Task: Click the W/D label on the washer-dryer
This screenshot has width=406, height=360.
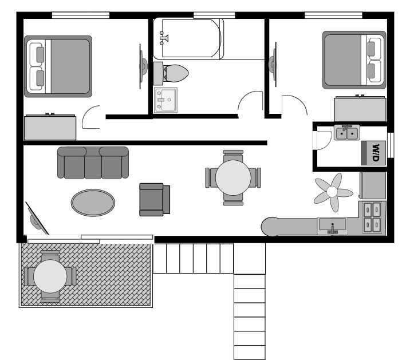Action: pyautogui.click(x=376, y=153)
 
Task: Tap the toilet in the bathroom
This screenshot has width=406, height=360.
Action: pyautogui.click(x=171, y=73)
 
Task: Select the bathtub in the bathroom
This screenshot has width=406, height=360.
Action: pyautogui.click(x=188, y=38)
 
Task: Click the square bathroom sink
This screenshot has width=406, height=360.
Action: pyautogui.click(x=165, y=100)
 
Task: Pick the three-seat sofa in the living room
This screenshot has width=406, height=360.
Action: pyautogui.click(x=93, y=163)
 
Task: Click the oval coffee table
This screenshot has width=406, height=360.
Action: pyautogui.click(x=93, y=203)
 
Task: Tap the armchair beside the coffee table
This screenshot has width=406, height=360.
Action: pyautogui.click(x=155, y=200)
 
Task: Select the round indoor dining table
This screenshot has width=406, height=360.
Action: pyautogui.click(x=233, y=177)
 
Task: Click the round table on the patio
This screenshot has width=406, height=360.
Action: pyautogui.click(x=50, y=276)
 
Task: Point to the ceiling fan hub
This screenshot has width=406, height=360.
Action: pyautogui.click(x=332, y=192)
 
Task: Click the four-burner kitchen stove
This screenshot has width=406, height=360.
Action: pyautogui.click(x=372, y=217)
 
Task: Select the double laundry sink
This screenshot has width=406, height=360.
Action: pyautogui.click(x=347, y=133)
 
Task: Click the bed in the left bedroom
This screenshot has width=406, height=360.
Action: pyautogui.click(x=58, y=66)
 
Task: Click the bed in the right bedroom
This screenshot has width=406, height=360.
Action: pyautogui.click(x=354, y=60)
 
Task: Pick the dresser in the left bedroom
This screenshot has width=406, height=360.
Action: pyautogui.click(x=50, y=127)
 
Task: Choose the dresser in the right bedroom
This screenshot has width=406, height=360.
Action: pyautogui.click(x=360, y=108)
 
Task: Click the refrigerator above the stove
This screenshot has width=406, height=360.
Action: pyautogui.click(x=373, y=185)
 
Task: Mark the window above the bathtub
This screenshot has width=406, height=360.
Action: pyautogui.click(x=214, y=15)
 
